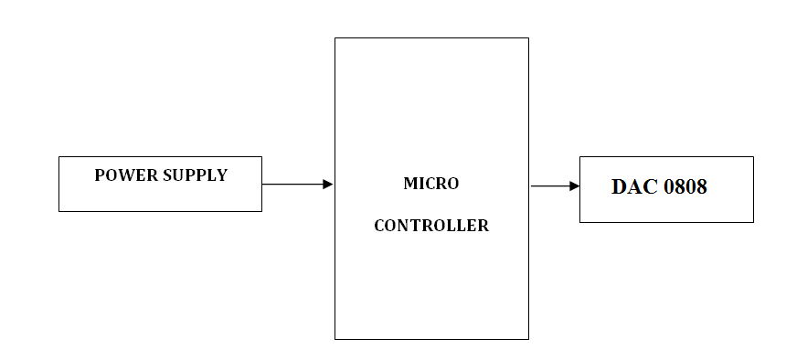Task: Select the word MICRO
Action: [430, 184]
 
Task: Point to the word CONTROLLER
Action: [430, 226]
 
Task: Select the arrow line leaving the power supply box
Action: [292, 185]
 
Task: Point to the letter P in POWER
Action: [100, 175]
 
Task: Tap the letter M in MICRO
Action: [409, 184]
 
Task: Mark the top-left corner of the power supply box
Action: [59, 157]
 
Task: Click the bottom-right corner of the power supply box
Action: [261, 211]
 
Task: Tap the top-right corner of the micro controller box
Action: [528, 38]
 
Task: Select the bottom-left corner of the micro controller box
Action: [335, 339]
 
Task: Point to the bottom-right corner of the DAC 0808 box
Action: [753, 222]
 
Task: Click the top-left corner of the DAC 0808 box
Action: [580, 157]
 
